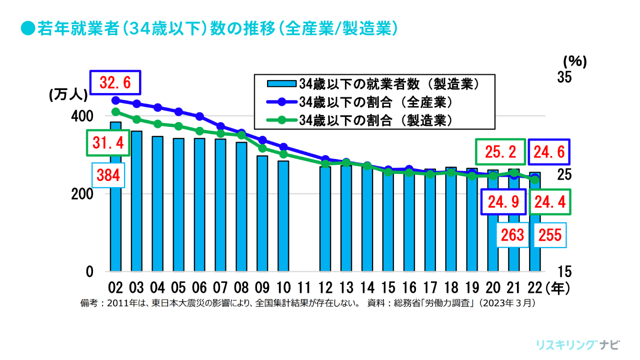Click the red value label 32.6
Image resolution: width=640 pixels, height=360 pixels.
pyautogui.click(x=115, y=83)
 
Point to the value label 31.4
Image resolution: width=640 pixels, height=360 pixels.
pyautogui.click(x=107, y=143)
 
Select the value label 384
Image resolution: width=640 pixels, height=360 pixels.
pyautogui.click(x=107, y=176)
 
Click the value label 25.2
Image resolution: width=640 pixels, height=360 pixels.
pyautogui.click(x=500, y=152)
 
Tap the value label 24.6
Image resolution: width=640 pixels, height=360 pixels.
pyautogui.click(x=548, y=152)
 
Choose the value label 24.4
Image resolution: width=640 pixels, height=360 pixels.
pyautogui.click(x=548, y=202)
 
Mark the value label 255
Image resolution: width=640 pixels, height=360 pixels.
pyautogui.click(x=549, y=235)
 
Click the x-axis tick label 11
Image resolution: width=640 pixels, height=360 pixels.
pyautogui.click(x=304, y=288)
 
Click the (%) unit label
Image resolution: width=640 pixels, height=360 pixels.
pyautogui.click(x=574, y=61)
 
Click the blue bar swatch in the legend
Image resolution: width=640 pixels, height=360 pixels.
pyautogui.click(x=282, y=83)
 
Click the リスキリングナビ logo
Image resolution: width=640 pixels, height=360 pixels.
pyautogui.click(x=577, y=345)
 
